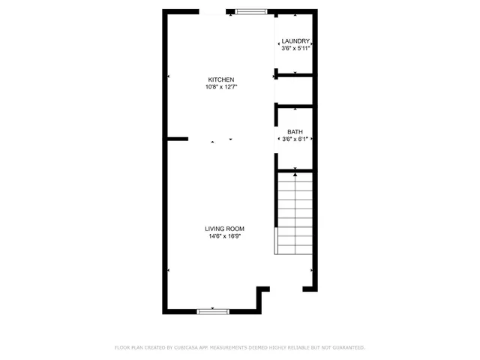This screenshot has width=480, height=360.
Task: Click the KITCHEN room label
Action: click(221, 79)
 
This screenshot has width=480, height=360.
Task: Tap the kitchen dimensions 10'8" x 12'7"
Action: click(221, 87)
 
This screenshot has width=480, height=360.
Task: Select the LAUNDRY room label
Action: click(295, 41)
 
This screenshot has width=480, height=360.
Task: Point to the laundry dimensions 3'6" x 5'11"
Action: click(295, 49)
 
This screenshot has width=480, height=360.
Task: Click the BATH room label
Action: click(295, 132)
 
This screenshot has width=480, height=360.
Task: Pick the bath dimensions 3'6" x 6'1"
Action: click(295, 139)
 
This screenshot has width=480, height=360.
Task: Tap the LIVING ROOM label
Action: click(224, 229)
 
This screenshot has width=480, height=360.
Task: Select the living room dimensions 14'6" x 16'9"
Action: click(224, 236)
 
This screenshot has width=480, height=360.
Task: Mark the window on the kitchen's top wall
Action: click(250, 11)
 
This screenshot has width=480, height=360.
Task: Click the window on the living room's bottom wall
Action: click(213, 310)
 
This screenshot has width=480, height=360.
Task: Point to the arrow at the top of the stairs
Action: click(295, 175)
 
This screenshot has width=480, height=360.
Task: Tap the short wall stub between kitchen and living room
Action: click(177, 139)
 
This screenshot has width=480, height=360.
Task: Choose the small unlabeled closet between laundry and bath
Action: click(295, 90)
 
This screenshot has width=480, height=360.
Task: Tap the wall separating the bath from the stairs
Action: click(295, 169)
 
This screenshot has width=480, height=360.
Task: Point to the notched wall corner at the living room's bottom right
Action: click(262, 289)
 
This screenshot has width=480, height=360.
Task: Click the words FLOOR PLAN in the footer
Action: click(127, 347)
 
